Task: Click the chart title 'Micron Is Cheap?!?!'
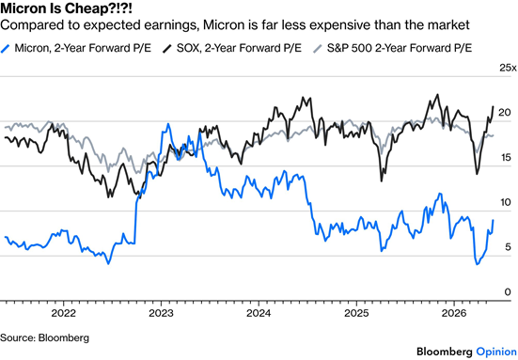pos(66,8)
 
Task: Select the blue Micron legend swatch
pos(6,49)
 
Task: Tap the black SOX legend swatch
pos(167,49)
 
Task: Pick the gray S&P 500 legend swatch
pos(318,49)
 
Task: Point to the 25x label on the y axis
pos(508,68)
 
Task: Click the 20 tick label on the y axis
pos(505,113)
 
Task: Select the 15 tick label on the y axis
pos(505,158)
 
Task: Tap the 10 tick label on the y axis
pos(505,202)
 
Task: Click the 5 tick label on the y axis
pos(508,247)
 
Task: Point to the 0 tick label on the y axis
pos(508,292)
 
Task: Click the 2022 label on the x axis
pos(63,313)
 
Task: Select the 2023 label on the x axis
pos(161,313)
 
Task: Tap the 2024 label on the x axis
pos(259,313)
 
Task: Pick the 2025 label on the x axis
pos(356,313)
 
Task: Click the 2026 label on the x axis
pos(454,313)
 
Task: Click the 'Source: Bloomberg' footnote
pos(44,337)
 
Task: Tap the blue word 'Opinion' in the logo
pos(496,352)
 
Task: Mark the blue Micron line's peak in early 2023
pos(168,124)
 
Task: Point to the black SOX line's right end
pos(494,106)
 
